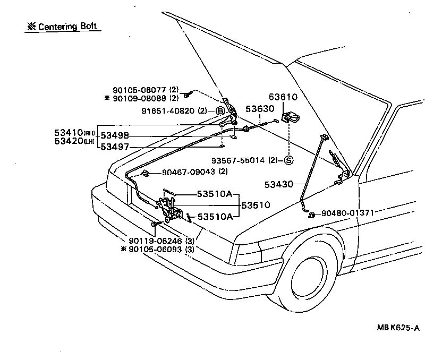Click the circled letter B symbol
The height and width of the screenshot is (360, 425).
[x=219, y=111]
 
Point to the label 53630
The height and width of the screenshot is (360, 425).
[x=260, y=109]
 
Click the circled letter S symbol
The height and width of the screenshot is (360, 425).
[x=288, y=160]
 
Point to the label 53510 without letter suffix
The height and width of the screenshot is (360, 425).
[x=256, y=204]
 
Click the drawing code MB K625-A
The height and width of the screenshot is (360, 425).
[x=392, y=328]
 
